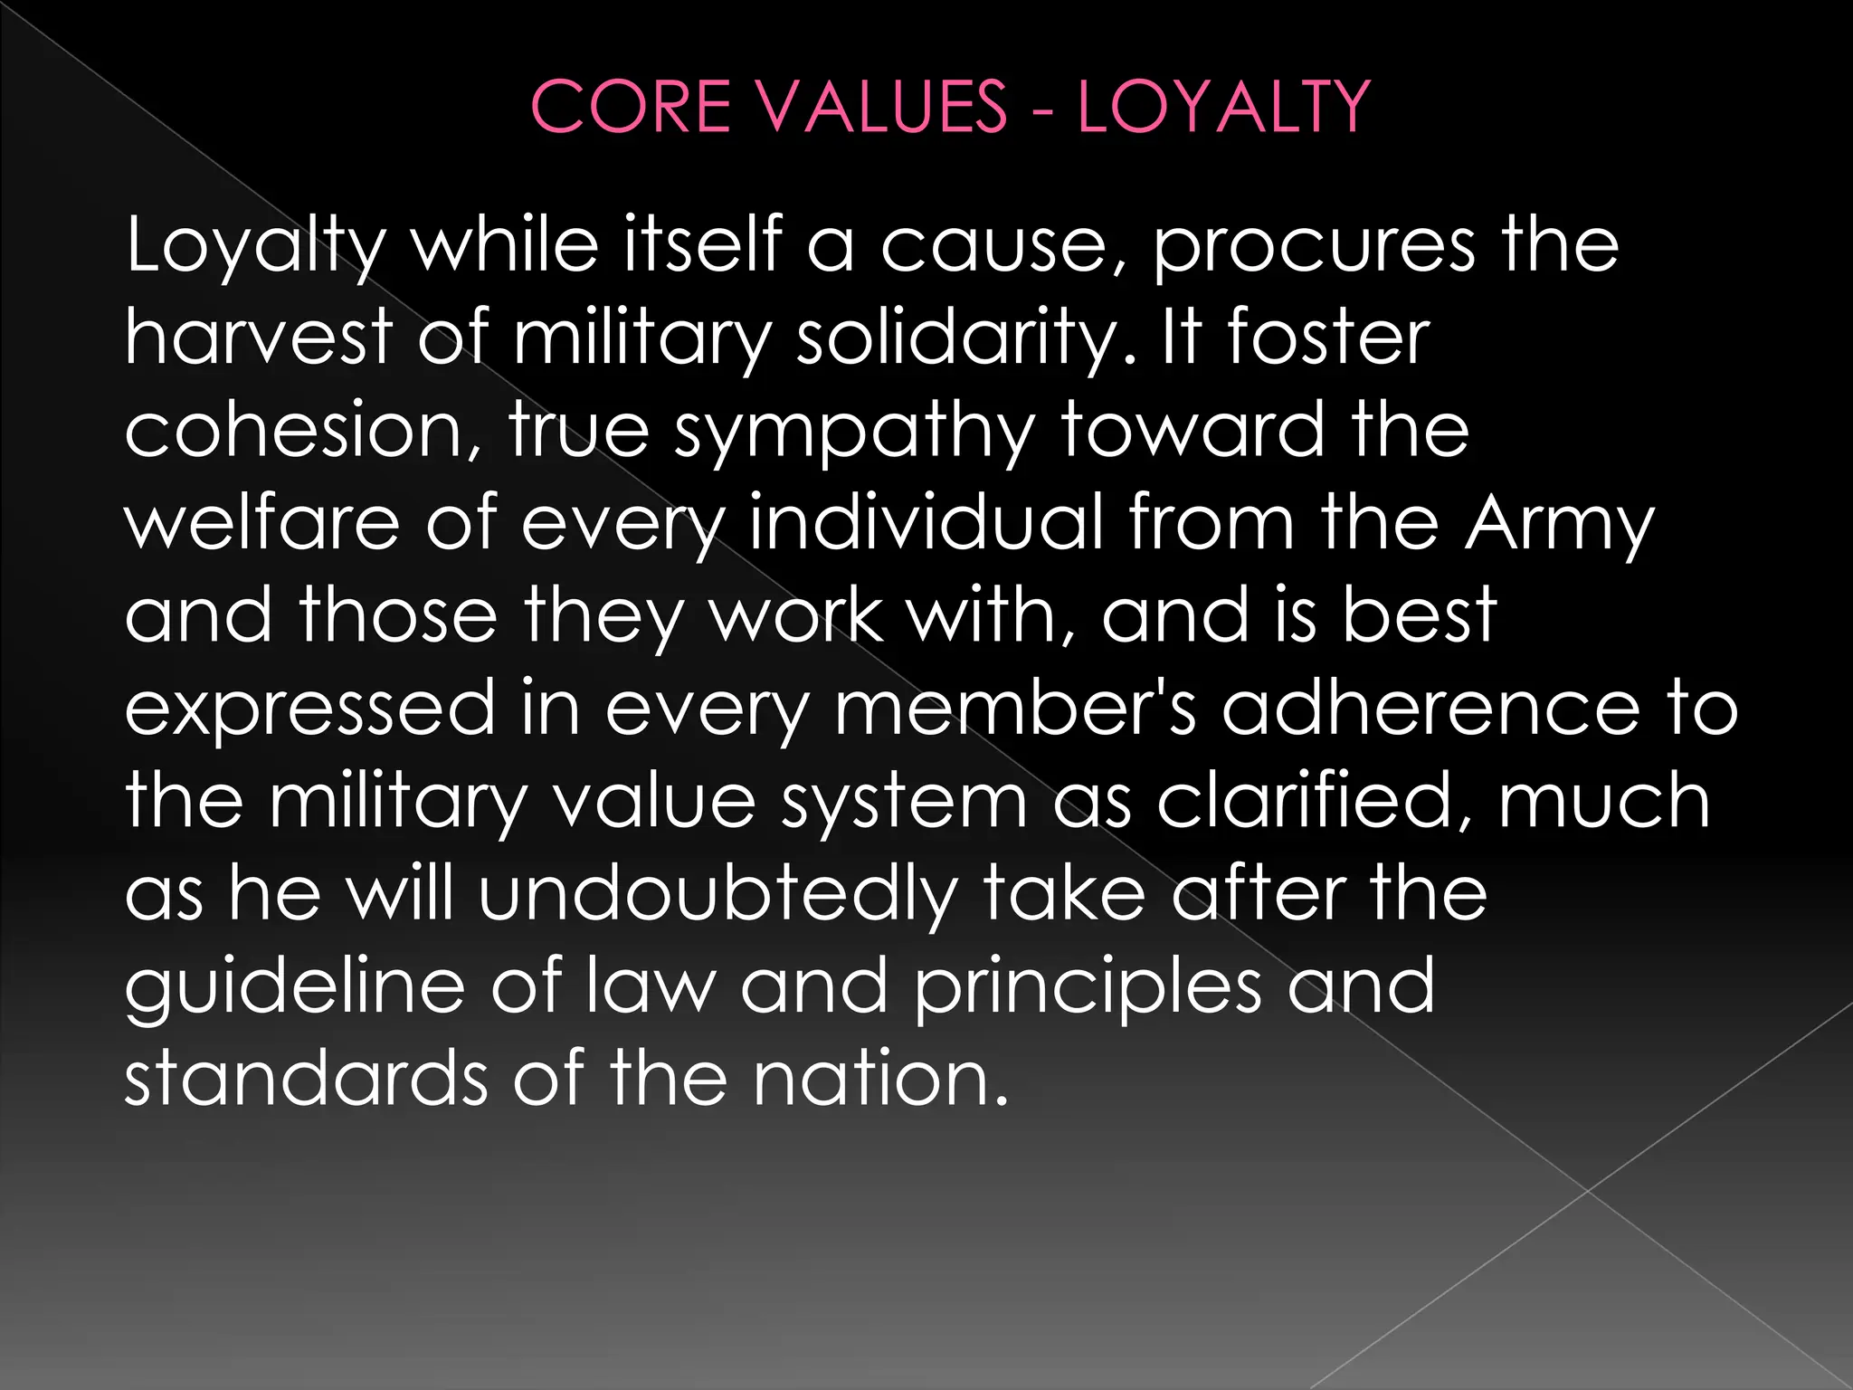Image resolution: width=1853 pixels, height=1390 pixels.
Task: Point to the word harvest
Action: click(x=258, y=338)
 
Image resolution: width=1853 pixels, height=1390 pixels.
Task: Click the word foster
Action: click(x=1328, y=338)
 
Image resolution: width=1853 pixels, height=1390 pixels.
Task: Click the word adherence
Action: click(x=1430, y=708)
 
